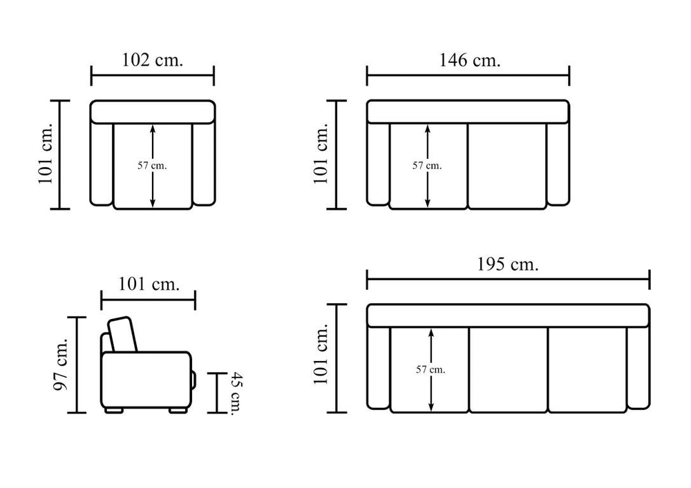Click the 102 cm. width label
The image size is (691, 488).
click(x=152, y=60)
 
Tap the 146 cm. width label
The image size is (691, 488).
click(x=470, y=60)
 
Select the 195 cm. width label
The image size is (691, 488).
click(x=508, y=264)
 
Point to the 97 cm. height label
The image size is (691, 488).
click(x=60, y=364)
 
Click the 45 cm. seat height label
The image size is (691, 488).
click(x=238, y=393)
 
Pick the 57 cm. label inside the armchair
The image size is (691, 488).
click(x=152, y=166)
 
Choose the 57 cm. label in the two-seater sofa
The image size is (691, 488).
click(x=427, y=166)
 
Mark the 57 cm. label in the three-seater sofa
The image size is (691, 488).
click(x=430, y=370)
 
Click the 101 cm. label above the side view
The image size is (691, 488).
click(x=149, y=284)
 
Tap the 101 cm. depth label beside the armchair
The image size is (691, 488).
click(x=46, y=153)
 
